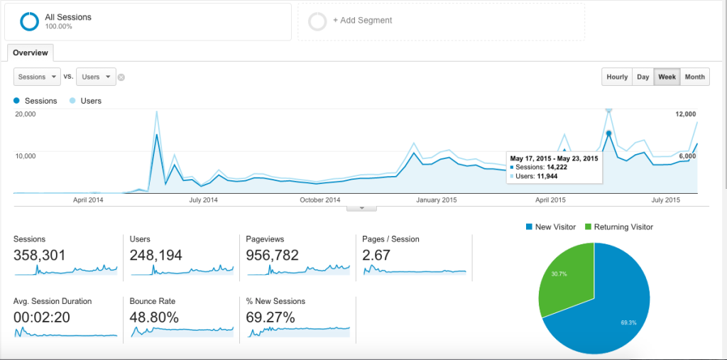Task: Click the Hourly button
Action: click(617, 77)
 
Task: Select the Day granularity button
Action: click(643, 77)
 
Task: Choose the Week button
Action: click(667, 77)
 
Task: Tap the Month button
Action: click(694, 77)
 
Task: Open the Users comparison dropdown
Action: click(96, 77)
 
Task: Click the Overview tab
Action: click(30, 53)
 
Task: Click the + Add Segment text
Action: click(362, 21)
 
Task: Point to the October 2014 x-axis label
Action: click(320, 200)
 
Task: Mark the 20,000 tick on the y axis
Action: click(26, 114)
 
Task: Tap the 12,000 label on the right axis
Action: click(685, 114)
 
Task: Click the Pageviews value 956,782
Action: click(272, 255)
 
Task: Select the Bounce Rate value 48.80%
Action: click(154, 317)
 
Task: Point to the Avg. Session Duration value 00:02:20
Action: click(42, 317)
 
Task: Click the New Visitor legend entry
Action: click(551, 227)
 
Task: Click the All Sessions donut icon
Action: click(29, 21)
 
